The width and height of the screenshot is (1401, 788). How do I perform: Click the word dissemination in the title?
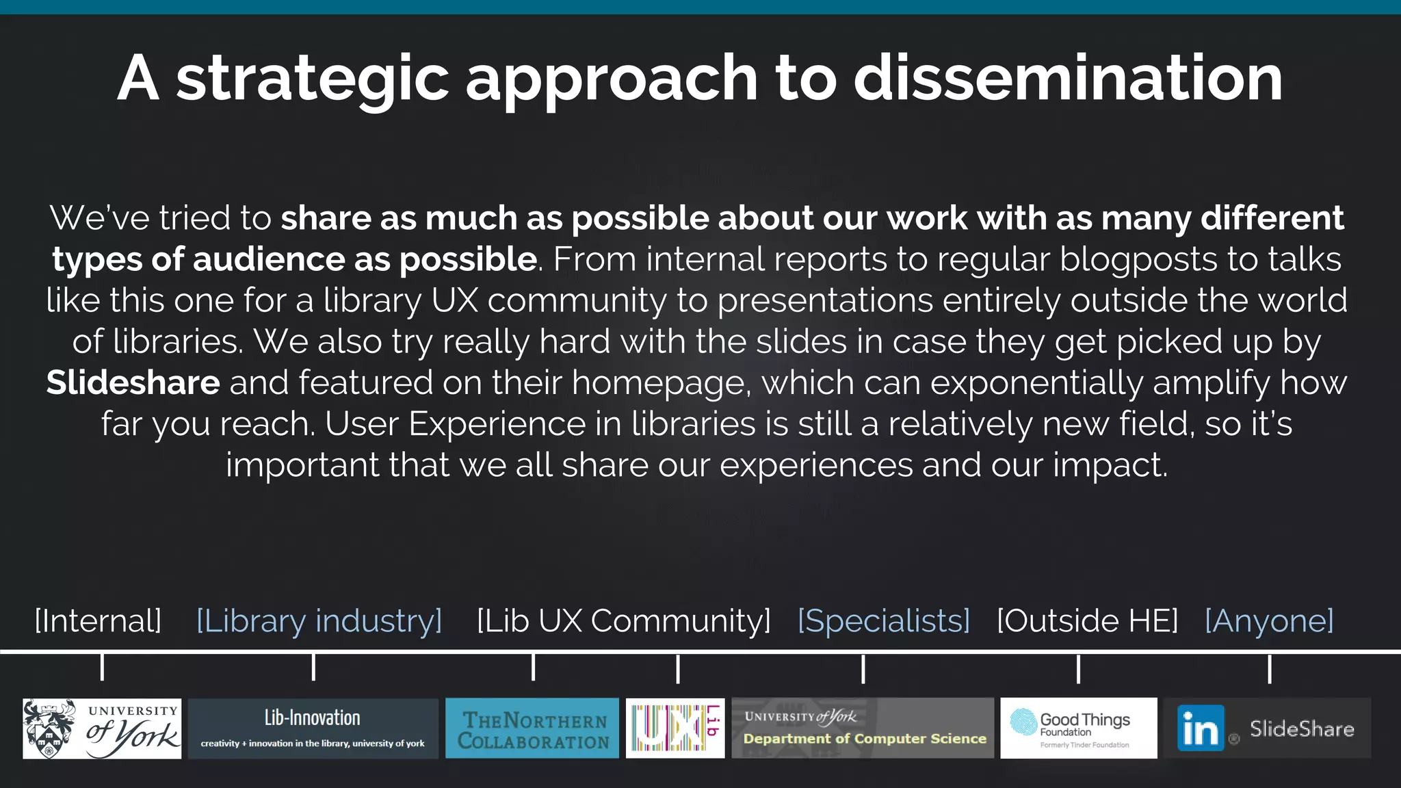pos(1068,78)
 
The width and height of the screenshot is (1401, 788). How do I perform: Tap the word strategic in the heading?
pos(312,79)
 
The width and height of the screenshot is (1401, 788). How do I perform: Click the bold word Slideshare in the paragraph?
pos(133,382)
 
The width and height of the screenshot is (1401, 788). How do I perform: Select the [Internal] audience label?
pos(98,620)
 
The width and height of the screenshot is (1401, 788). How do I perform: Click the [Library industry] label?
pos(319,620)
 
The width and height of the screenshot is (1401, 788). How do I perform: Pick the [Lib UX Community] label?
pos(623,620)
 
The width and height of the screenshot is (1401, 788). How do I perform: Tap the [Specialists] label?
pos(883,620)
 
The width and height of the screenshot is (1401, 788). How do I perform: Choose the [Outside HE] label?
pos(1087,620)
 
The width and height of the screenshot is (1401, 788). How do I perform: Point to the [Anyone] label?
pos(1269,620)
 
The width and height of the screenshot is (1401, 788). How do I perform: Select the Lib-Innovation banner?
pos(313,728)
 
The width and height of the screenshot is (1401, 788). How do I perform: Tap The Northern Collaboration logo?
pos(532,728)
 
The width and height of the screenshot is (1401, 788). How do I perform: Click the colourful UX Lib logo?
pos(675,728)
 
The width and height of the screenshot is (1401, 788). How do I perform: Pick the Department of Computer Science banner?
pos(863,728)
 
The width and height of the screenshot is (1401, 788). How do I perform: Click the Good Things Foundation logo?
pos(1079,728)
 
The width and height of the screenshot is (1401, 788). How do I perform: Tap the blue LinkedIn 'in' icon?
pos(1201,728)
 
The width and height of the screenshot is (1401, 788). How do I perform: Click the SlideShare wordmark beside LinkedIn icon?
pos(1302,729)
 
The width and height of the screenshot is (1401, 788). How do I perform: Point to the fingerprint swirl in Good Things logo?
pos(1024,722)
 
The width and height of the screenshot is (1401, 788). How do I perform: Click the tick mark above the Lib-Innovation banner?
pos(313,667)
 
